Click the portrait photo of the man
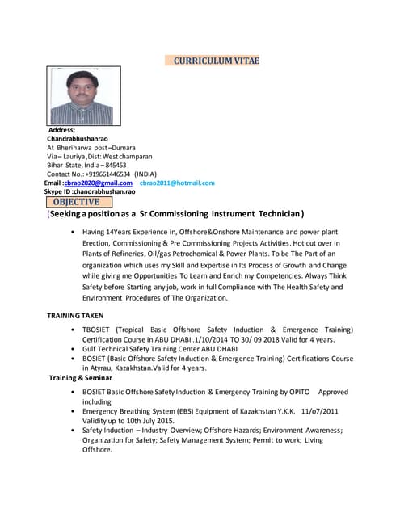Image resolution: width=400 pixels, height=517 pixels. coord(80,95)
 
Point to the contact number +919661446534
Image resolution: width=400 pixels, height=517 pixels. coord(103,174)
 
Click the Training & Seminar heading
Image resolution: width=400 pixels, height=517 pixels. coord(80,378)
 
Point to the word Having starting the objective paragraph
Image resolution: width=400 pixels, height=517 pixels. coord(95,232)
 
